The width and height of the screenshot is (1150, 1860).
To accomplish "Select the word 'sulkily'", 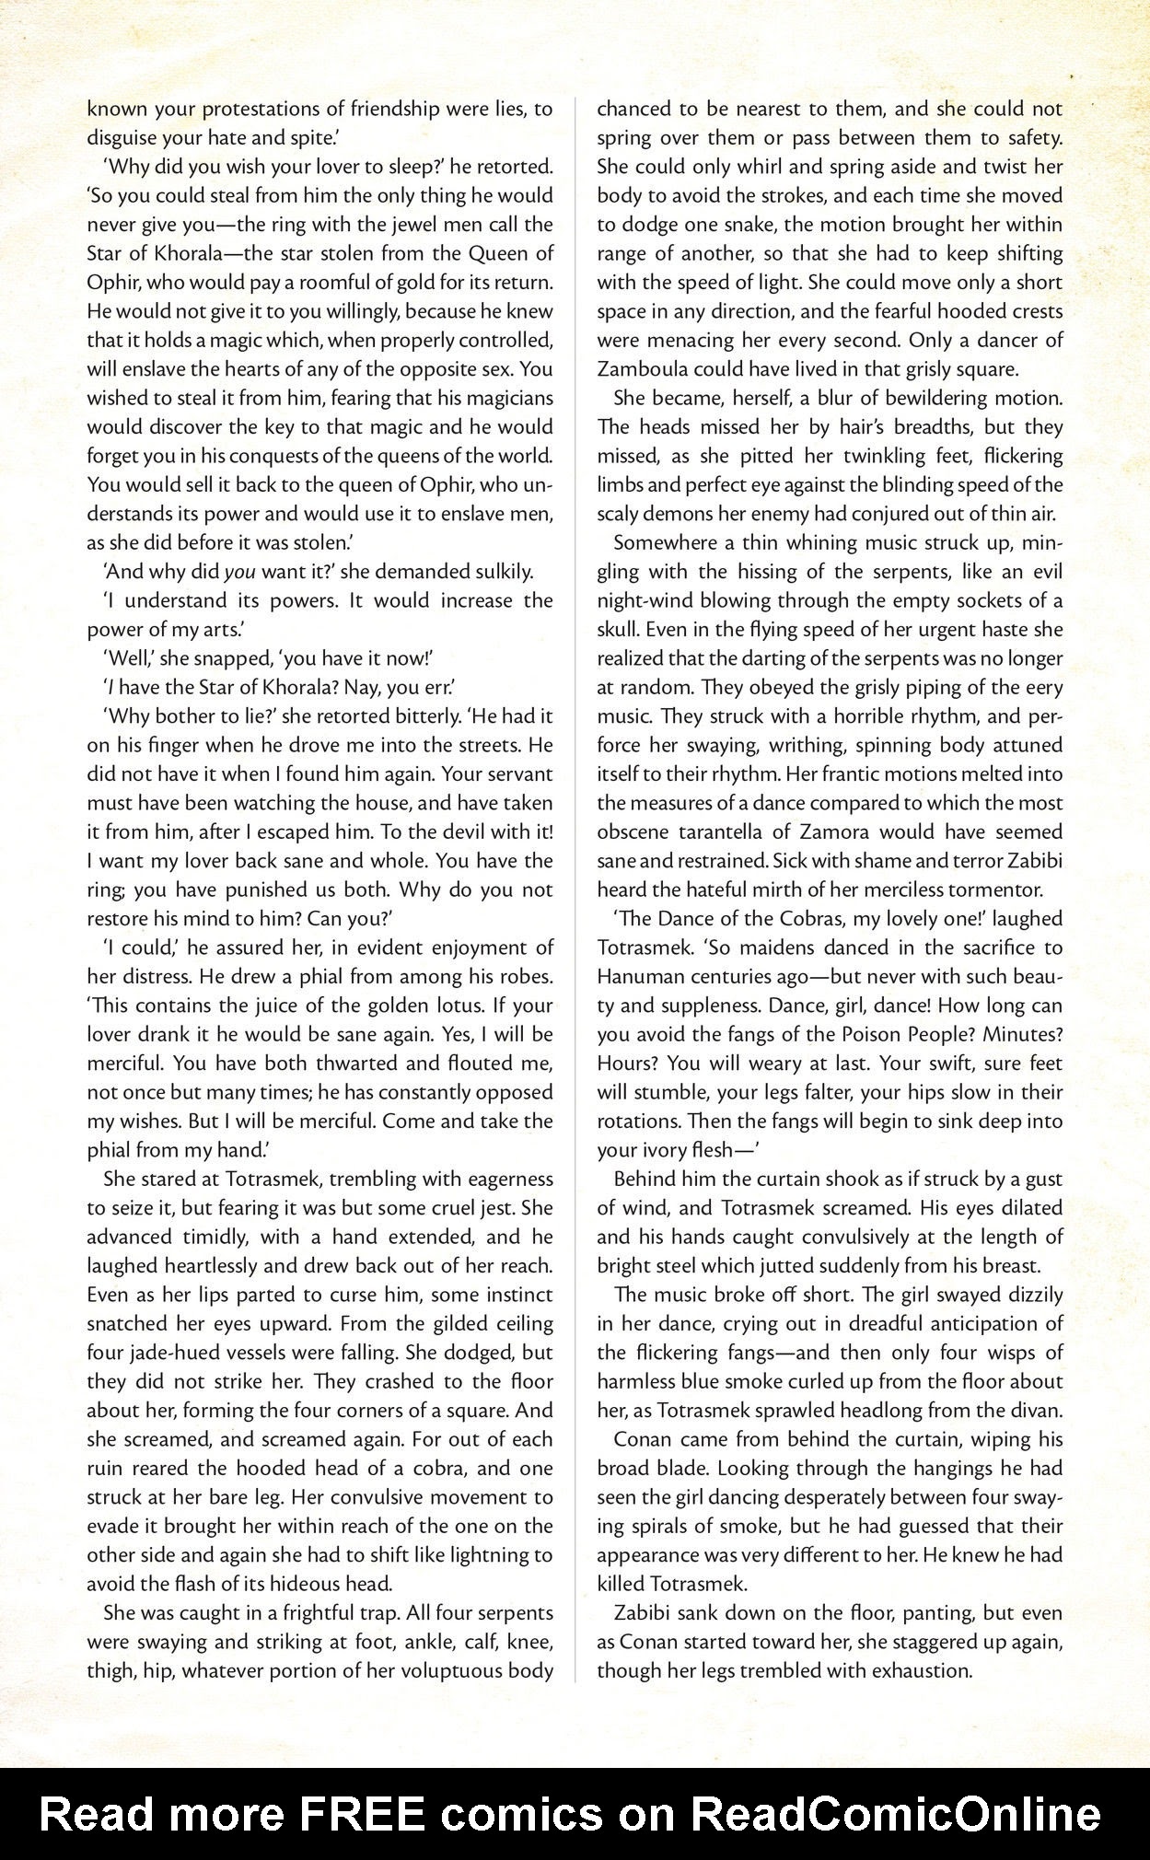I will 499,571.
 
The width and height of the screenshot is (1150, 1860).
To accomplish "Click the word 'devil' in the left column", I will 441,831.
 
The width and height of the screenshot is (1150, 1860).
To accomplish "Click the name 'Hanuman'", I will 641,976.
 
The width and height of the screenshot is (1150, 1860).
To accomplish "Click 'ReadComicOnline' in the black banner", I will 895,1814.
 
